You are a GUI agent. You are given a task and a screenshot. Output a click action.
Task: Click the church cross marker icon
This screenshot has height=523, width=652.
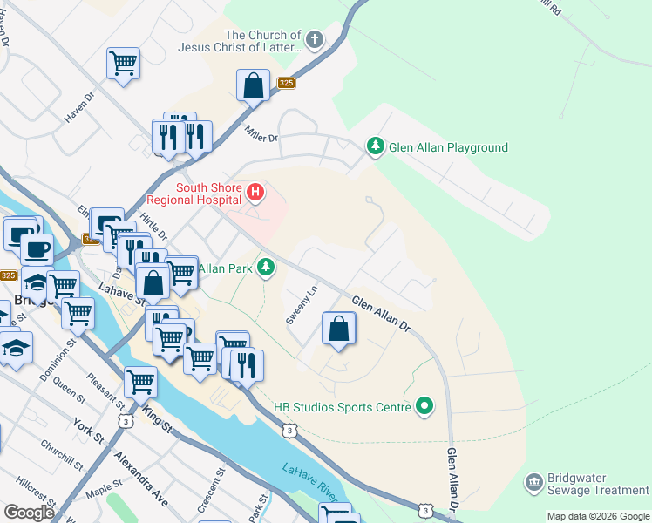pos(314,40)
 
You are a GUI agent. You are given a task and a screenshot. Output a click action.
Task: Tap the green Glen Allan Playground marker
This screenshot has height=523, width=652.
pos(376,146)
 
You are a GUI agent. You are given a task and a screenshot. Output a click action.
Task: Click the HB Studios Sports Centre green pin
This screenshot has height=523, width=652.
pos(424,405)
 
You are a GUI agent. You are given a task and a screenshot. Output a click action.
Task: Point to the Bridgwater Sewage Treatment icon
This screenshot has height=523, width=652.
pos(533,483)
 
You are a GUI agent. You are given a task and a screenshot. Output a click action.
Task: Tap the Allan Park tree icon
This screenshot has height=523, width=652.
pos(267,268)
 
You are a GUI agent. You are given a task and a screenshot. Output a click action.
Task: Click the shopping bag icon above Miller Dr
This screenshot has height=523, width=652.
pos(253,85)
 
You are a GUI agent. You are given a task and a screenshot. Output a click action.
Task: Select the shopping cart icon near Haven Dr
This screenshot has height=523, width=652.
pos(124,63)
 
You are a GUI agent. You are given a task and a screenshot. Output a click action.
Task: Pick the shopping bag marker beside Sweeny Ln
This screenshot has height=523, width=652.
pos(339,329)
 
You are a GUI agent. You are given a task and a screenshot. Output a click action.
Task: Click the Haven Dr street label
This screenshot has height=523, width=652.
pos(78,108)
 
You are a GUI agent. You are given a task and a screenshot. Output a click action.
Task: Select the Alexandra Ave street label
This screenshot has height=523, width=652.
pos(147,483)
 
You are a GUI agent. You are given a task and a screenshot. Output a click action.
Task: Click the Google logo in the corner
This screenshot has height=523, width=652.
pos(29,513)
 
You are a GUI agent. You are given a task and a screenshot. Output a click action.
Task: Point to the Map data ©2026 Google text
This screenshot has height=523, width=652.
pos(597,516)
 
